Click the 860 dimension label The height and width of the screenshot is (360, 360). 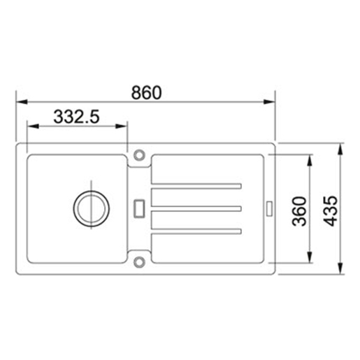click(x=146, y=93)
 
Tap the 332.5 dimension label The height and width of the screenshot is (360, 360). click(x=76, y=117)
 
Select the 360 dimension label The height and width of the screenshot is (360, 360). click(x=299, y=211)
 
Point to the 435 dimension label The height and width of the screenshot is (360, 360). click(x=331, y=211)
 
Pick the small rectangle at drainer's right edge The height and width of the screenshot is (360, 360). click(x=269, y=208)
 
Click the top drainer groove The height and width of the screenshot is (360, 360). click(x=196, y=186)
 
